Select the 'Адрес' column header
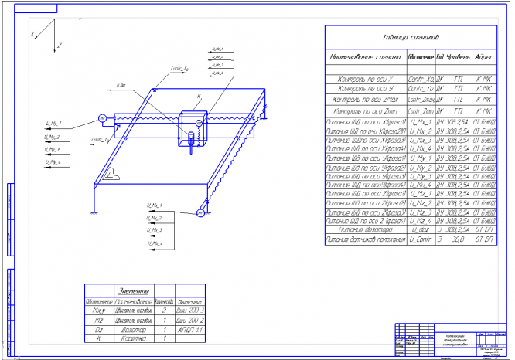pyautogui.click(x=484, y=57)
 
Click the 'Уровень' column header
pyautogui.click(x=459, y=57)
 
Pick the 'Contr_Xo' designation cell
pyautogui.click(x=420, y=80)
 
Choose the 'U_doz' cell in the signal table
pyautogui.click(x=420, y=229)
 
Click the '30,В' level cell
pyautogui.click(x=459, y=240)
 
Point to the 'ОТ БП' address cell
pyautogui.click(x=484, y=240)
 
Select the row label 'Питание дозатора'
pyautogui.click(x=367, y=229)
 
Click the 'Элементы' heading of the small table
pyautogui.click(x=136, y=288)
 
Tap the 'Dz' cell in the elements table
pyautogui.click(x=98, y=328)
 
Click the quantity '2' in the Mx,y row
pyautogui.click(x=165, y=308)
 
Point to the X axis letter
pyautogui.click(x=32, y=34)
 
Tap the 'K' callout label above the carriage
pyautogui.click(x=199, y=97)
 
